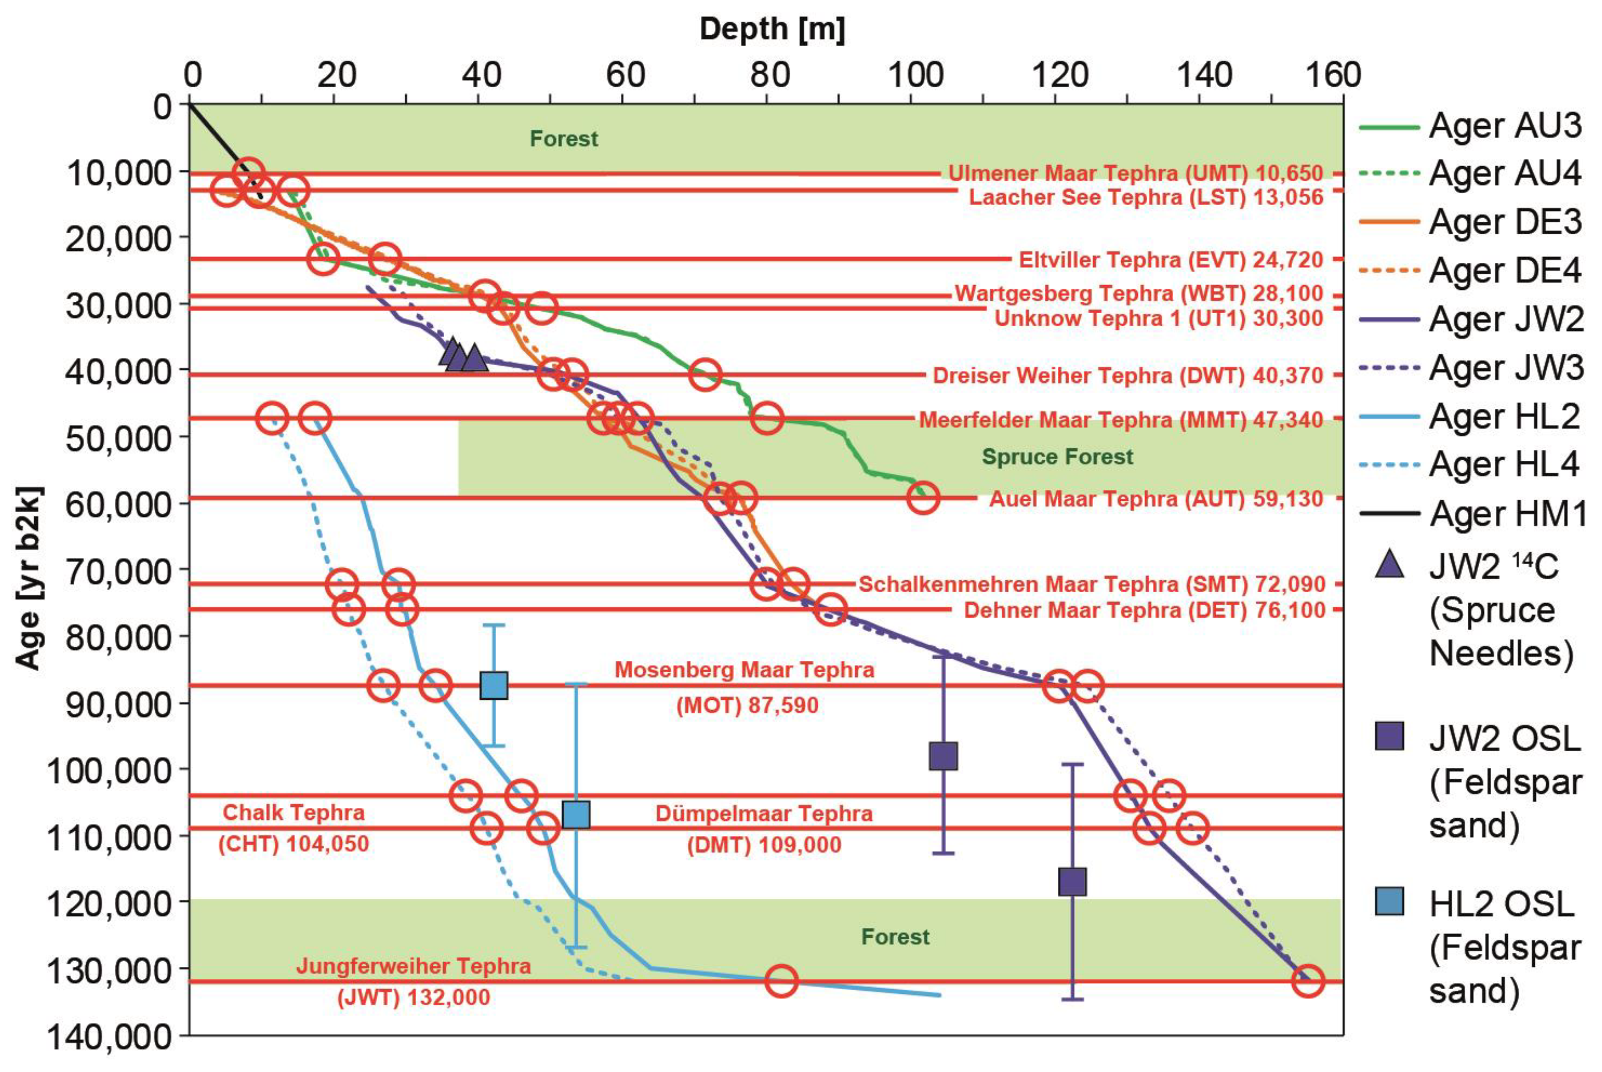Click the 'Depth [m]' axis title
(x=772, y=29)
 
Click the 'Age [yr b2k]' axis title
(x=30, y=578)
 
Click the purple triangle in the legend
(x=1389, y=566)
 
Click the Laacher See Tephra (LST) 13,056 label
(x=1146, y=198)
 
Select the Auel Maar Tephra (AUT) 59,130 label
(x=1155, y=498)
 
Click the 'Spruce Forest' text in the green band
(x=1057, y=457)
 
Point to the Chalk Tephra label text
(x=293, y=813)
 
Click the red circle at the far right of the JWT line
(x=1307, y=981)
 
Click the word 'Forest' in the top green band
(x=563, y=139)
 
